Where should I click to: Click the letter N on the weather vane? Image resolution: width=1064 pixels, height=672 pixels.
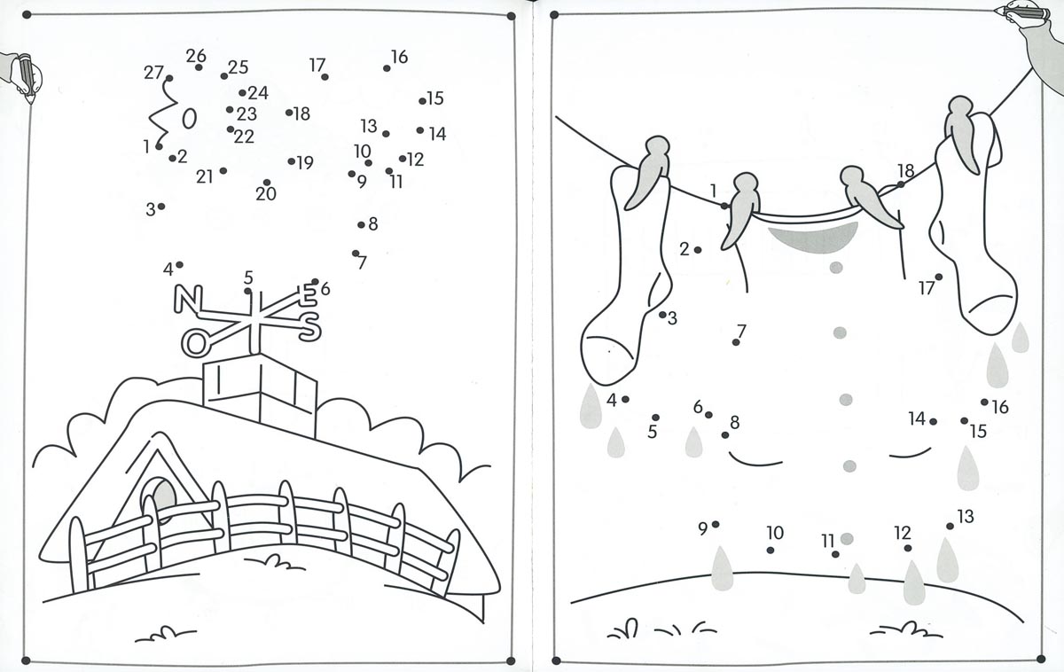point(188,298)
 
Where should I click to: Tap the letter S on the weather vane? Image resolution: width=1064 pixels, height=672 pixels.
point(309,327)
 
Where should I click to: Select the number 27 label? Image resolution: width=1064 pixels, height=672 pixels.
point(153,73)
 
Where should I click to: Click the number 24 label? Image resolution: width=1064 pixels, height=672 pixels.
point(258,92)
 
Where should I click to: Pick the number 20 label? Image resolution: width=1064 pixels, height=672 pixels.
point(265,194)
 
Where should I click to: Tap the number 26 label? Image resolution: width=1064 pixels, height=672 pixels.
point(196,56)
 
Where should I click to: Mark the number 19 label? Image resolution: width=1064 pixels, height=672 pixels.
point(305,163)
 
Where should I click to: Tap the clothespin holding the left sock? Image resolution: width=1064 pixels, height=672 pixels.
point(648,171)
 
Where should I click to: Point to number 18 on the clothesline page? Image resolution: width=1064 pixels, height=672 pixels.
point(906,170)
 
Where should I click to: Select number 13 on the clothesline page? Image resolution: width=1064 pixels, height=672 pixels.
point(966,516)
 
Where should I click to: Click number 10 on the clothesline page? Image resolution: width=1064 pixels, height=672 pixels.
point(775,533)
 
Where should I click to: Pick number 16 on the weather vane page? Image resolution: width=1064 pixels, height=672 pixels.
point(400,57)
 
